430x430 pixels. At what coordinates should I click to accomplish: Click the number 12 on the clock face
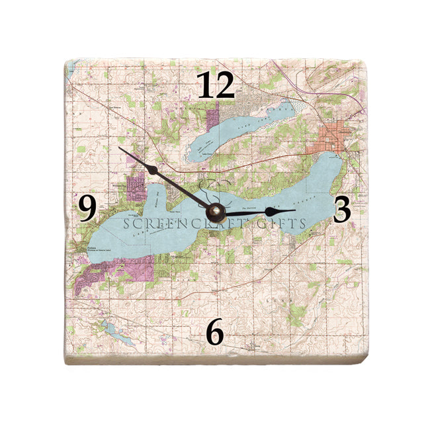point(216,86)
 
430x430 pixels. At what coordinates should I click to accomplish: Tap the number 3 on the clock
point(341,209)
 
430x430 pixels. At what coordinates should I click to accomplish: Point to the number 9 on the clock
point(87,208)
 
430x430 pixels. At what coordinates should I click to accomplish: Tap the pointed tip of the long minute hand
point(120,147)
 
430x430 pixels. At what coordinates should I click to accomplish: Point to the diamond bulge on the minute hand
point(153,170)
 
